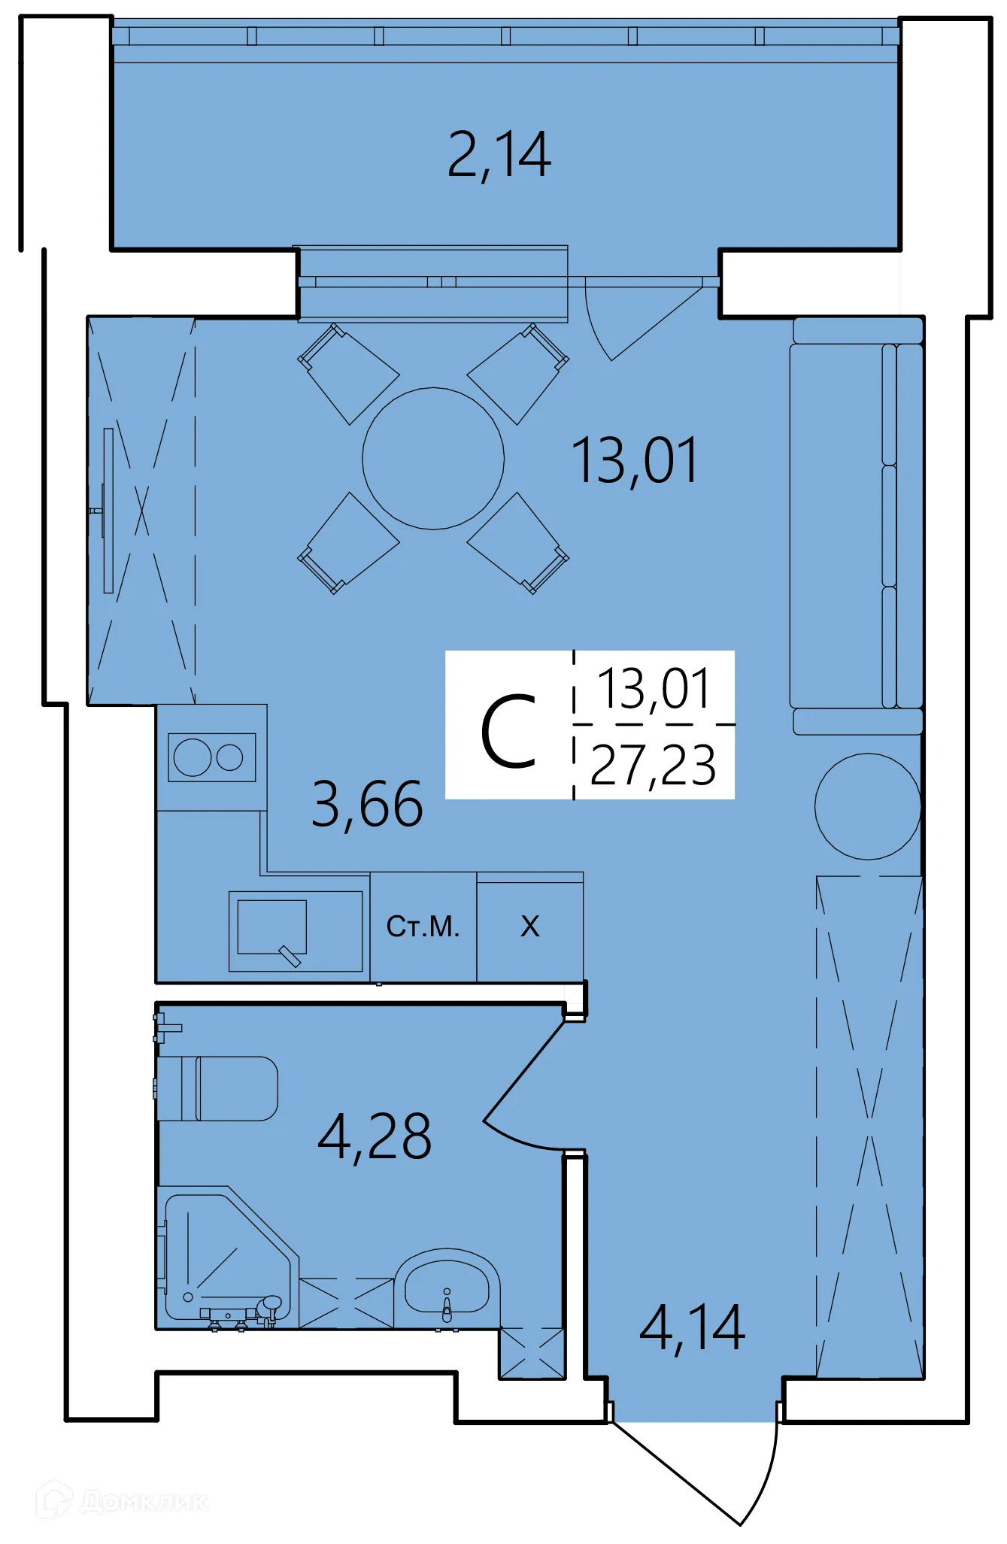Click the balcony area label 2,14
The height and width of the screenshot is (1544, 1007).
coord(499,155)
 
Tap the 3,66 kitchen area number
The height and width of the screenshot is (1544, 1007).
coord(367,805)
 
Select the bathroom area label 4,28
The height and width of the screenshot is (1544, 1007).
coord(375,1136)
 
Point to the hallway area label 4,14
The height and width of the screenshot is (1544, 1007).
coord(692,1329)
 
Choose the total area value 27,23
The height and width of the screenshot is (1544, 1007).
coord(653,765)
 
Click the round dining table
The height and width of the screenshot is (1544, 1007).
coord(433,459)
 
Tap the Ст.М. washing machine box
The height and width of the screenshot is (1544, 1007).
coord(423,927)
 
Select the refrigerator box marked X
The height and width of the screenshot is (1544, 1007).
coord(530,927)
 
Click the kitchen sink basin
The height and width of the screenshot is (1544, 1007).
coord(272,927)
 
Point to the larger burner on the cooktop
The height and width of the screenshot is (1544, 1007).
coord(193,757)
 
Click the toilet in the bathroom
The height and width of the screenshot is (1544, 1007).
coord(226,1088)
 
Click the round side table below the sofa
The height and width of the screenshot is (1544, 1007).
coord(868,806)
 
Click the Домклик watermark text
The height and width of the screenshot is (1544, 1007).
coord(143,1502)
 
